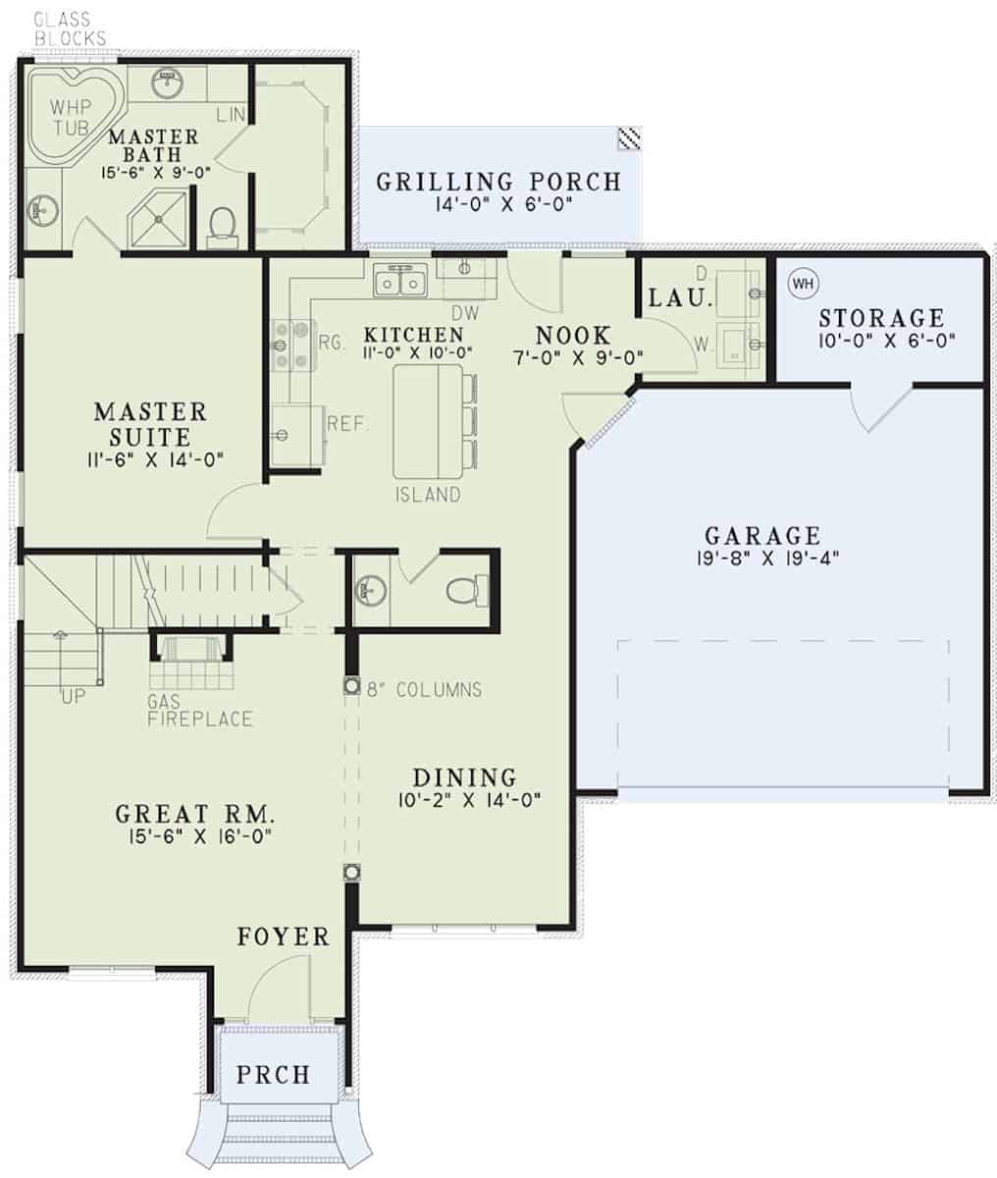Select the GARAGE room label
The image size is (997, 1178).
tap(761, 536)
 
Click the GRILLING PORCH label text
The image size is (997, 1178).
tap(498, 182)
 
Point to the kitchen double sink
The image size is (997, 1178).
tap(400, 283)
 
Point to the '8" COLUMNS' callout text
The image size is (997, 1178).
tap(423, 689)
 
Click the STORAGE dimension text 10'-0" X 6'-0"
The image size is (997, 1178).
tap(880, 341)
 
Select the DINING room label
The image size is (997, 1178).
tap(463, 776)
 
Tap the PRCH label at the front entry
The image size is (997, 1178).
tap(273, 1074)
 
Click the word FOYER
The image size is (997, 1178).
tap(284, 937)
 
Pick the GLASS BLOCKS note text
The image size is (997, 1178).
tap(70, 28)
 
